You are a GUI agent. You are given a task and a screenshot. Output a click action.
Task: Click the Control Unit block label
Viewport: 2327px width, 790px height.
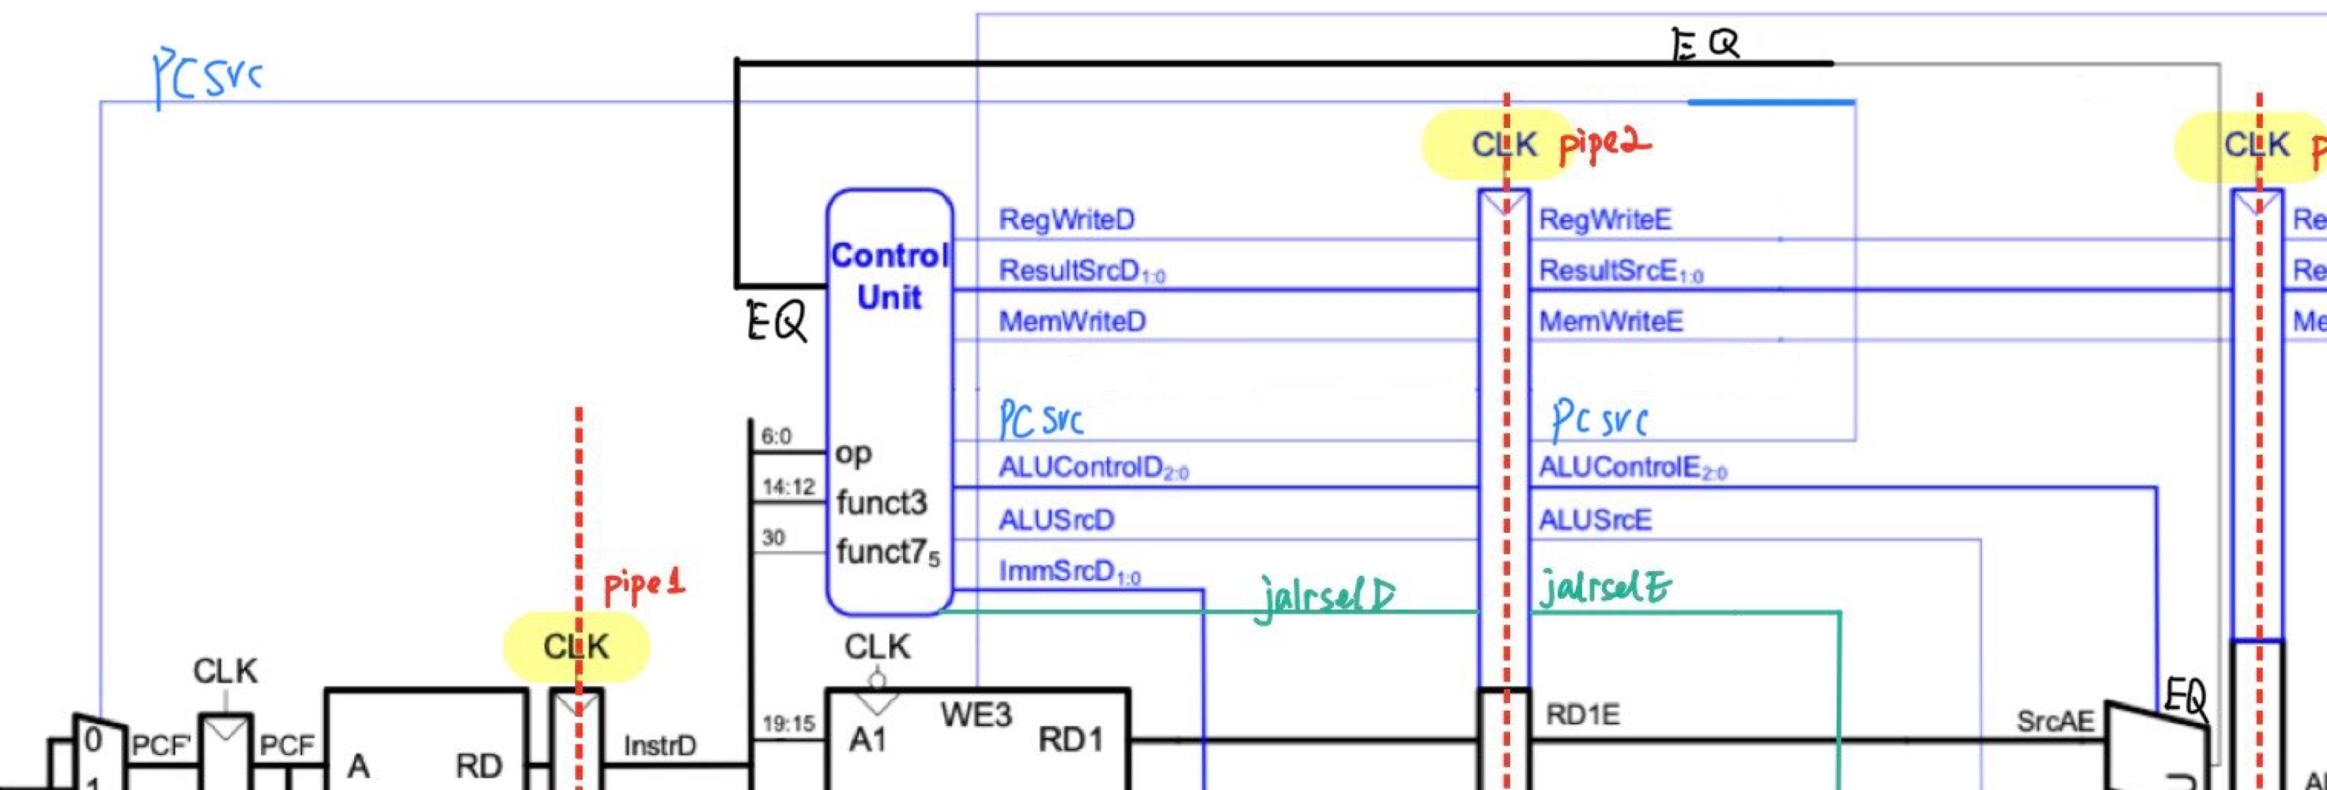(x=890, y=276)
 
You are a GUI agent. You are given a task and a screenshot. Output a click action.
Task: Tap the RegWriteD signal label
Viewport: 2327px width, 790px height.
(x=1066, y=220)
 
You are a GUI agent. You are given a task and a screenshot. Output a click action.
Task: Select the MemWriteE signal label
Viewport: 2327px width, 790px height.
(x=1611, y=321)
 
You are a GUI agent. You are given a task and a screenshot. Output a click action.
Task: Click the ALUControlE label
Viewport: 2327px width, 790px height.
(x=1631, y=467)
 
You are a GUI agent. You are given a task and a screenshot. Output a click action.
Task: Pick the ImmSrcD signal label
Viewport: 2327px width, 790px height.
(x=1069, y=571)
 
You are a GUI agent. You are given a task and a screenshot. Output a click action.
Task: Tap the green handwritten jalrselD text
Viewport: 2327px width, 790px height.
(x=1324, y=596)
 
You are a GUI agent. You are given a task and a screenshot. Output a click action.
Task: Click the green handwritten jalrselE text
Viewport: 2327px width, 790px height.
(x=1604, y=588)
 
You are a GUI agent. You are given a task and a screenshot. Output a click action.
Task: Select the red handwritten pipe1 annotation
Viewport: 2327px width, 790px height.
(x=643, y=586)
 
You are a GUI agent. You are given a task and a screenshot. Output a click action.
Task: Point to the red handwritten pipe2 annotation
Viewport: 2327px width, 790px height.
(x=1604, y=144)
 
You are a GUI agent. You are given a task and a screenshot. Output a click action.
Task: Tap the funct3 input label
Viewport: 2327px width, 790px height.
(x=881, y=503)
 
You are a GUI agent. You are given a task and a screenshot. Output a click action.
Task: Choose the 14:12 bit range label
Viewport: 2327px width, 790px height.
(x=788, y=487)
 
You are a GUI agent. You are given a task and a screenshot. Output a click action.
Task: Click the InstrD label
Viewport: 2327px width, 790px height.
(x=659, y=746)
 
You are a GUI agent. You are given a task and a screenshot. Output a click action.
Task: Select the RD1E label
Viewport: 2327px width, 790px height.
(x=1583, y=715)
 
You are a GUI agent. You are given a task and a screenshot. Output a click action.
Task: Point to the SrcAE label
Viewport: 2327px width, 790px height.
(x=2054, y=721)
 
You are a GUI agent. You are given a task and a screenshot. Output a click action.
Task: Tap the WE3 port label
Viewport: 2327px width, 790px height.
(x=976, y=715)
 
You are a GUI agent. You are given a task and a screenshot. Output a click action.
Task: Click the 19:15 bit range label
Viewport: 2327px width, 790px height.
(x=788, y=724)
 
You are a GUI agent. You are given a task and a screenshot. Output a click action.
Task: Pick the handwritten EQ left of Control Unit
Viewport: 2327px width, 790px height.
(x=776, y=321)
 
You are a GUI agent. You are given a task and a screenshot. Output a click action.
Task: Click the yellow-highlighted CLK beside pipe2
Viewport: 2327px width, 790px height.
(x=1503, y=144)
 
